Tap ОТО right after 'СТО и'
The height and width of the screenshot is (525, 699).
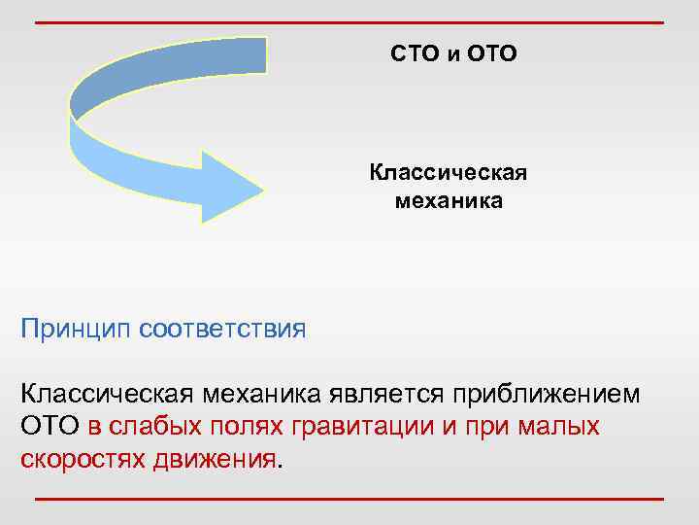pos(492,54)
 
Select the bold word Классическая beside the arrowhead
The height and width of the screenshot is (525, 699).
pos(448,173)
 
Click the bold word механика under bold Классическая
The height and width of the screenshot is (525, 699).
pos(449,202)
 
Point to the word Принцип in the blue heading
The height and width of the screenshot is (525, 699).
pos(77,328)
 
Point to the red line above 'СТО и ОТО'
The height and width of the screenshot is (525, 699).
pos(349,21)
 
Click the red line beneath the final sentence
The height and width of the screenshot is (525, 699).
pos(349,500)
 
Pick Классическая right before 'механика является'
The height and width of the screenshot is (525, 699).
pos(108,396)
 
